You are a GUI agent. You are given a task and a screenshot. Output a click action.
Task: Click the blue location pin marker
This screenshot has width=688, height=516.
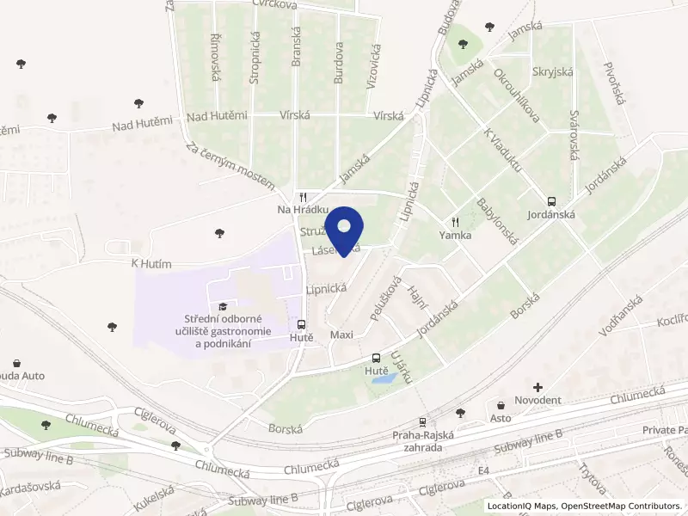coord(345,229)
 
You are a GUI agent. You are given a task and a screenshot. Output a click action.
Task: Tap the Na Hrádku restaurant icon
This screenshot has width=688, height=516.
coord(303,197)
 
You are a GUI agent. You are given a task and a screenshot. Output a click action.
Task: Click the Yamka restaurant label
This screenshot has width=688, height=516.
coord(455,234)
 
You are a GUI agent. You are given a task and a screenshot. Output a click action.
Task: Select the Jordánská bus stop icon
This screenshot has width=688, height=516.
coord(551,197)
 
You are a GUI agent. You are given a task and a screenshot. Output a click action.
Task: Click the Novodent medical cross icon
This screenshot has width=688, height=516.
coord(538,388)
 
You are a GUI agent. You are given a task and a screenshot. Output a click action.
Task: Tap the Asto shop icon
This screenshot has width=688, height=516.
coord(501,404)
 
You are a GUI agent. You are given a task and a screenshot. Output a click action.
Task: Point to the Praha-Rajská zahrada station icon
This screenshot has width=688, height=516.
coord(421,422)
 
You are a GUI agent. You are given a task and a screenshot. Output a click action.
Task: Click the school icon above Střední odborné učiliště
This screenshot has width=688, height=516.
coord(224,306)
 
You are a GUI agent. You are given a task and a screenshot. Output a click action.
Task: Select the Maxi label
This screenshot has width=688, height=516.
coord(341,334)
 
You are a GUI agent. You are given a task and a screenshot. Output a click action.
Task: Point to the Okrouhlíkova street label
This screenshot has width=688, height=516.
coord(516,94)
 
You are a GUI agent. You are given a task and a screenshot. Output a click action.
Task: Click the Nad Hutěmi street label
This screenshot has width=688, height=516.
coord(218,116)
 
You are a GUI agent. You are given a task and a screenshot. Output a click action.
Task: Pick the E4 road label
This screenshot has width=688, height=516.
coord(484,470)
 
